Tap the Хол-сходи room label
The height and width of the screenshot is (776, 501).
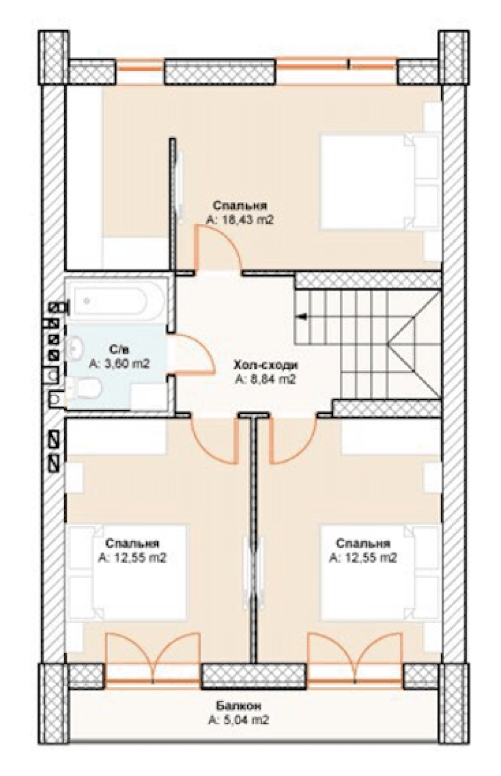266,365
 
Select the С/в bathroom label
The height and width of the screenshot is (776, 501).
120,349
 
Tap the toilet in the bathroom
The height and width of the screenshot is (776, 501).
84,391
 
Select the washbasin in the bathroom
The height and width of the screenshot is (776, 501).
74,348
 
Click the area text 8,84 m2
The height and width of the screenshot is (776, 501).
266,380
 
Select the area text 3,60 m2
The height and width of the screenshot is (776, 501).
119,364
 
